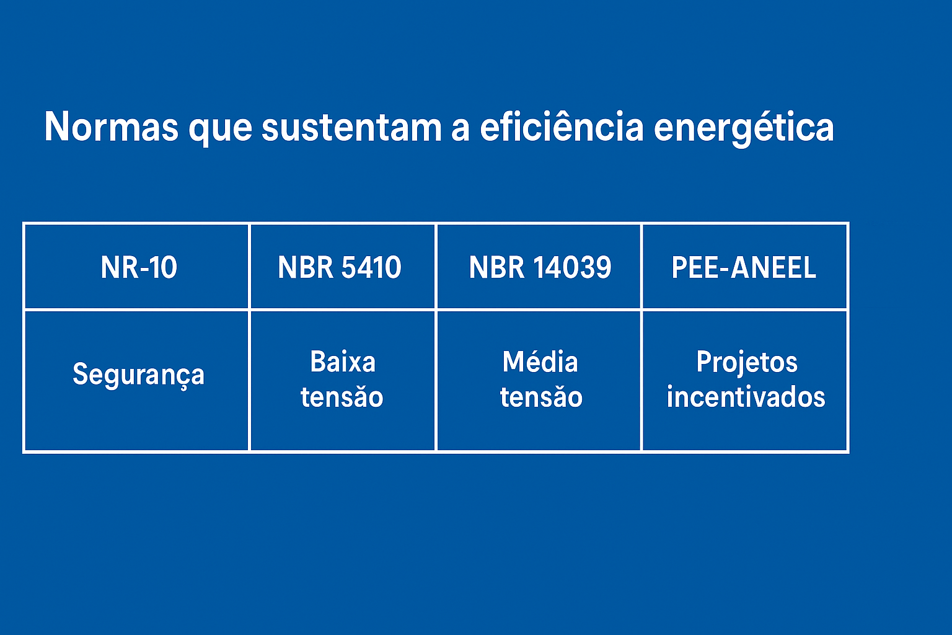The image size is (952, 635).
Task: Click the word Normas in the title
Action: [112, 127]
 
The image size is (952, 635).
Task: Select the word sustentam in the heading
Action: [351, 127]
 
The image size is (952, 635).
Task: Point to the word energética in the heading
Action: [744, 128]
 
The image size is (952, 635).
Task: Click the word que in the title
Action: [220, 130]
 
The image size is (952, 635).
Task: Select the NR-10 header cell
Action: [137, 267]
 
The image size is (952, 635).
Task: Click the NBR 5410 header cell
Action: [343, 267]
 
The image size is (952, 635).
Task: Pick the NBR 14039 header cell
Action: [539, 267]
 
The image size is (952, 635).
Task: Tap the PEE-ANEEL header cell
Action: [744, 267]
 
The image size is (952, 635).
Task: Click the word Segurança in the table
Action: [139, 375]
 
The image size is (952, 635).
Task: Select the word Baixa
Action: [343, 362]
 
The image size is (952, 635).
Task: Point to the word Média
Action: [540, 362]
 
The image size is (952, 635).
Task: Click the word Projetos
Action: [747, 363]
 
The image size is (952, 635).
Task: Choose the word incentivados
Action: [746, 397]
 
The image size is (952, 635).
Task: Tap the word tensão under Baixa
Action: [342, 397]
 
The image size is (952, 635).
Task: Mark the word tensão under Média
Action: [541, 397]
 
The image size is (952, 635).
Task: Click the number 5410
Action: [371, 267]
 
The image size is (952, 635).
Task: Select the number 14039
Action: [571, 267]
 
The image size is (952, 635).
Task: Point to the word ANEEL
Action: [773, 267]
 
